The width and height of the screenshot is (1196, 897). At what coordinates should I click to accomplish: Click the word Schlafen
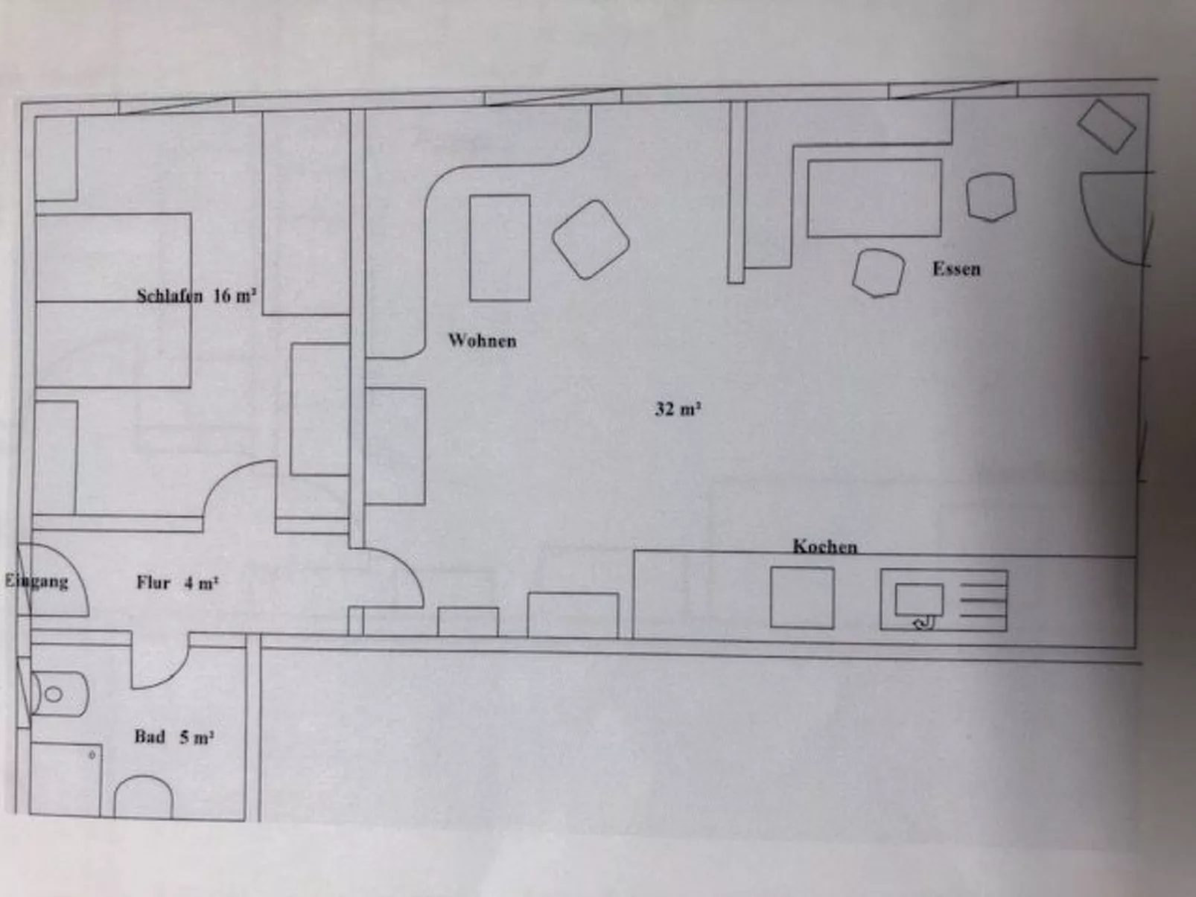click(170, 296)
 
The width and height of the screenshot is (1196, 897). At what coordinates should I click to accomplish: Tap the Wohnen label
click(483, 341)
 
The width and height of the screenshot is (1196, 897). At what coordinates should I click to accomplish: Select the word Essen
click(956, 269)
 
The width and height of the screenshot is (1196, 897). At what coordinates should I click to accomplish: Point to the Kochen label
click(824, 546)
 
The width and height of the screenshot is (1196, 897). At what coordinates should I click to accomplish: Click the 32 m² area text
click(677, 409)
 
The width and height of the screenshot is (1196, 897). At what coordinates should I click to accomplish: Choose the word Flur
click(153, 583)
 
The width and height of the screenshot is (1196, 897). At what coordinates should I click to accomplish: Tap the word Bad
click(149, 737)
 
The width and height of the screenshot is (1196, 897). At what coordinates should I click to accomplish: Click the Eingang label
click(36, 581)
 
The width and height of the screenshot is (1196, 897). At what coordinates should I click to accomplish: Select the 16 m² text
click(235, 296)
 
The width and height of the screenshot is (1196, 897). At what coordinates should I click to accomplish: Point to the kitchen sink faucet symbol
click(923, 622)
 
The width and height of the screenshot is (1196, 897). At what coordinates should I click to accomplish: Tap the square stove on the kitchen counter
click(801, 598)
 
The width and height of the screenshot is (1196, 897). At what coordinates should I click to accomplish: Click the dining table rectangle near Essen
click(874, 198)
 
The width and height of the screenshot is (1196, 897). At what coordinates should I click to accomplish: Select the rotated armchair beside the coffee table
click(591, 240)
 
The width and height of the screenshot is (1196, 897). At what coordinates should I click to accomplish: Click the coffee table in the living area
click(500, 248)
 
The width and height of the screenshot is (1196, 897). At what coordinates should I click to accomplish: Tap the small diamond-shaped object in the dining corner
click(1107, 127)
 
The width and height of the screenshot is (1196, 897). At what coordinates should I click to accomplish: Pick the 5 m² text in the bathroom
click(197, 737)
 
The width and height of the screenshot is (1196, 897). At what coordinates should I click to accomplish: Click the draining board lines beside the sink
click(983, 600)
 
